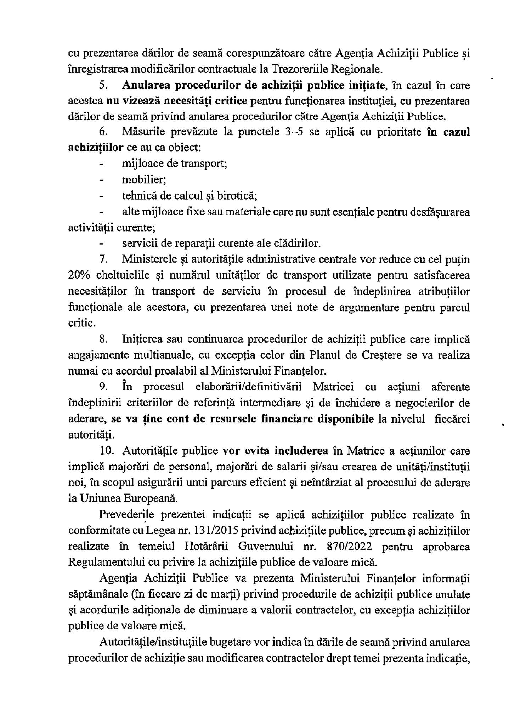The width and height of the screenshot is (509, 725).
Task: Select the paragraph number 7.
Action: (103, 259)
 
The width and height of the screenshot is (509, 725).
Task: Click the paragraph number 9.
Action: (103, 387)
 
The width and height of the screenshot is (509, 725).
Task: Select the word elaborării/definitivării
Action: (248, 387)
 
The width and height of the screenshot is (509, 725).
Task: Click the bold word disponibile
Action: (346, 419)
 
